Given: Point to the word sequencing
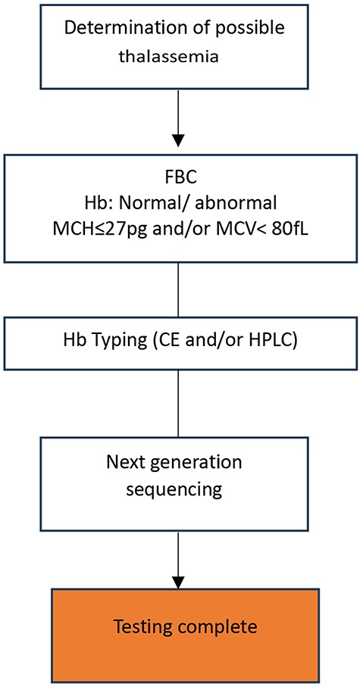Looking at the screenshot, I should [179, 489].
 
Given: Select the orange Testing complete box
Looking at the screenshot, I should [179, 628].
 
